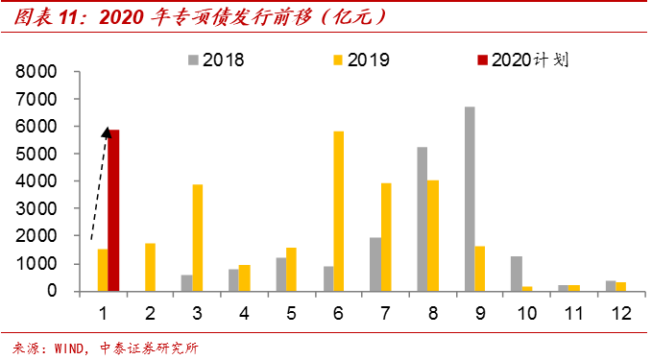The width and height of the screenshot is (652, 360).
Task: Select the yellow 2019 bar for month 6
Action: coord(338,210)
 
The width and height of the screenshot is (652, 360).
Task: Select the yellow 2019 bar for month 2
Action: coord(150,267)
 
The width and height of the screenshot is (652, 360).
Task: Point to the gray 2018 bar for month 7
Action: coord(375,264)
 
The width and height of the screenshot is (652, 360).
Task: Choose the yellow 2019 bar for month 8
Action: coord(433,235)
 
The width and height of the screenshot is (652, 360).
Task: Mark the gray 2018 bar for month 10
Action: coord(516,273)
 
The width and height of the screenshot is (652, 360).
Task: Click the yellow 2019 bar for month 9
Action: coord(480,268)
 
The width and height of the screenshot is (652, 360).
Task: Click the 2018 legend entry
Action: coord(216,60)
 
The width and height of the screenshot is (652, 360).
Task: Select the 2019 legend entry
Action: coord(360,60)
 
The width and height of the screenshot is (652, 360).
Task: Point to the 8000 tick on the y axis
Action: coord(38,72)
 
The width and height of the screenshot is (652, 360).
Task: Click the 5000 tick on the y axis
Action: coord(38,154)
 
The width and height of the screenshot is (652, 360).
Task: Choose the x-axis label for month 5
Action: coord(291,313)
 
